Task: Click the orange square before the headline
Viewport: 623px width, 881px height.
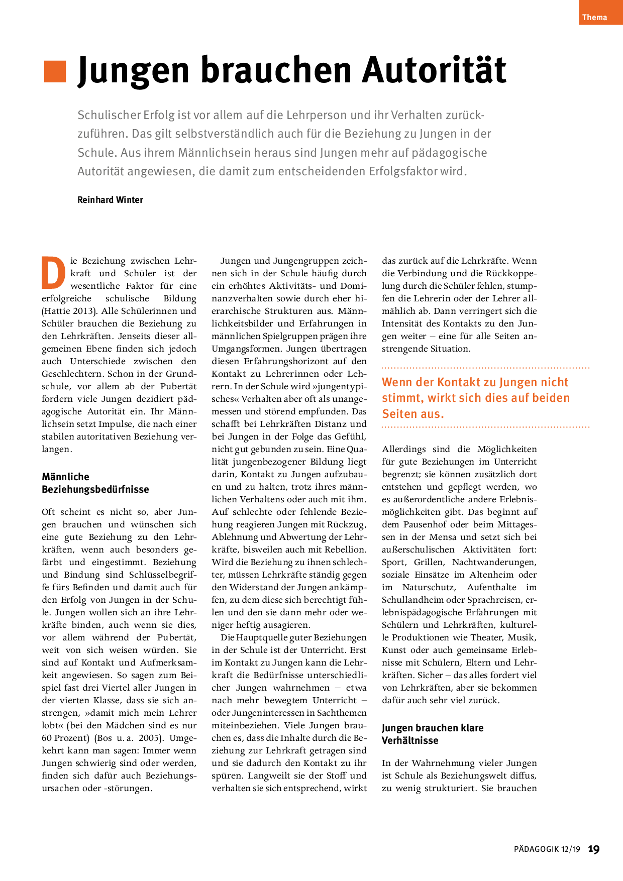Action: click(55, 71)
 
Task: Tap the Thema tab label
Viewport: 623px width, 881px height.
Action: click(594, 17)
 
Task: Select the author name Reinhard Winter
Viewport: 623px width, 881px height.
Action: click(110, 200)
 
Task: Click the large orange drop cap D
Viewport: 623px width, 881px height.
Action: click(53, 273)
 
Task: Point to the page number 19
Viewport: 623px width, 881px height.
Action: click(594, 849)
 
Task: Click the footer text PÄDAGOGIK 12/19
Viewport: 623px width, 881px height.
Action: click(547, 849)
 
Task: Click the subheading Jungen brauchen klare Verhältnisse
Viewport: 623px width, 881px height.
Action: click(432, 734)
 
